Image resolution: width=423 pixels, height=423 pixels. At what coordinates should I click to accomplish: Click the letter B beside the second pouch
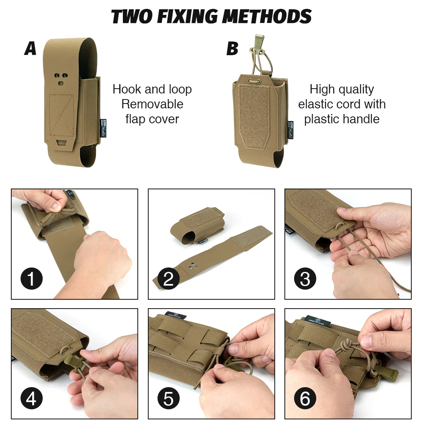tap(232, 48)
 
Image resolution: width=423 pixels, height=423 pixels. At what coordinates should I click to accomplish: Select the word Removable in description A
tap(152, 104)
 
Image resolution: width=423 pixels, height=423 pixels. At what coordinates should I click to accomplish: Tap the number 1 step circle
tap(31, 278)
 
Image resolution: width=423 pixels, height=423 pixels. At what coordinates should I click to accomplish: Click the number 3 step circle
tap(305, 278)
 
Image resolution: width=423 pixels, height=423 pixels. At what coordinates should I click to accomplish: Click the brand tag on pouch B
tap(290, 130)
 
